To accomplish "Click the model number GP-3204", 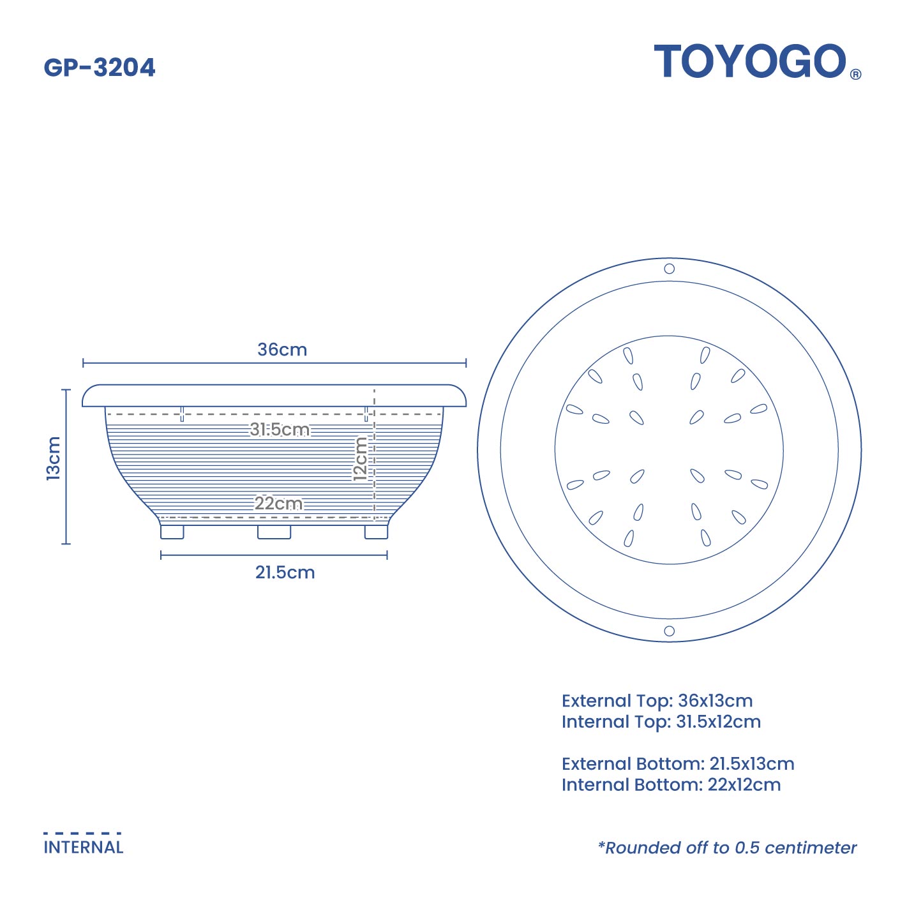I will pos(100,68).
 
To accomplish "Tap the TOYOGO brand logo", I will pos(750,62).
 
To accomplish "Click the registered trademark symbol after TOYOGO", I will pos(855,74).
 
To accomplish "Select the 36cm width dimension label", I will pos(282,350).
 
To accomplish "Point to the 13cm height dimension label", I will pos(54,458).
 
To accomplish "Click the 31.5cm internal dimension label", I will pos(280,430).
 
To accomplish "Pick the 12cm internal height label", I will pos(361,458).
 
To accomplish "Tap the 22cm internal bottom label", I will pos(279,504).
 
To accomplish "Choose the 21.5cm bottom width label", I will pos(285,573).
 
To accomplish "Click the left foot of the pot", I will pos(172,532).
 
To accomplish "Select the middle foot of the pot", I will pos(274,532).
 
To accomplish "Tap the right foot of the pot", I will pos(376,532).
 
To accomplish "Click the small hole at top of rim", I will pos(669,269).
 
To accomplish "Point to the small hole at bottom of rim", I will pos(669,631).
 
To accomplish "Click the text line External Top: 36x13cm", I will pos(657,701).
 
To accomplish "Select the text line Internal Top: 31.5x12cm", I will pos(661,722).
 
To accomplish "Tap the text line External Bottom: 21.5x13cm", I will pos(678,764).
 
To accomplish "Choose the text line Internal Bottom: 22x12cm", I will pos(671,785).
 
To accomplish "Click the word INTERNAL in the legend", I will pos(84,848).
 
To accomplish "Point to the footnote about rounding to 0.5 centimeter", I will pos(727,848).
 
